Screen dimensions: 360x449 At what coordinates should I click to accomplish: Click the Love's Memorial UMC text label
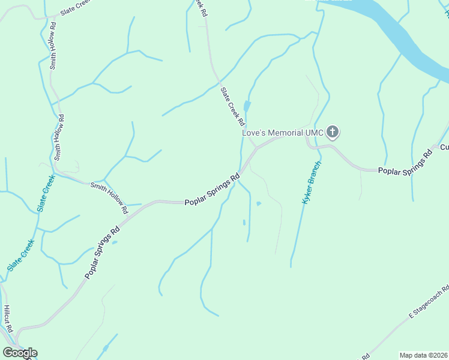pos(283,132)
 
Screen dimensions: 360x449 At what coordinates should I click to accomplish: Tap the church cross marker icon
pos(333,132)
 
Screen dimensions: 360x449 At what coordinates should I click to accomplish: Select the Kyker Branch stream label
pos(312,183)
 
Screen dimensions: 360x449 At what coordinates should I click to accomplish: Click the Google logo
pos(20,353)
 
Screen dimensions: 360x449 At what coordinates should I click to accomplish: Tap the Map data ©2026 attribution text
pos(423,355)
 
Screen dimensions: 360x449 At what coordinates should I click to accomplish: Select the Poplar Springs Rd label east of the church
pos(405,162)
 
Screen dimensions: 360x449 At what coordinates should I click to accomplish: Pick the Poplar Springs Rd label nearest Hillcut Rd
pos(103,252)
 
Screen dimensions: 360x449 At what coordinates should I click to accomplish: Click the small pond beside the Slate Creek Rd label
pos(247,107)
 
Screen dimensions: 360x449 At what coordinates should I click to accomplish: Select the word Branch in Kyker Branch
pos(316,173)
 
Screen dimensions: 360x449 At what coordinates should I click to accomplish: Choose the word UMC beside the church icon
pos(315,132)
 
